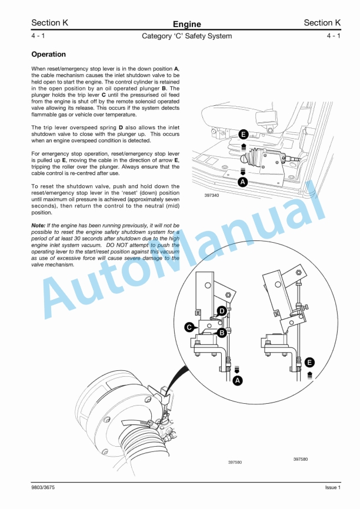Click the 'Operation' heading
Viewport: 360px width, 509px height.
(48, 55)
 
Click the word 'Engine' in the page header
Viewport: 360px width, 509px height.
(186, 24)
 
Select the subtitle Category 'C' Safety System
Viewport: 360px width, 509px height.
(186, 36)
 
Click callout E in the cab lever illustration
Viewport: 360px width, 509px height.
(244, 134)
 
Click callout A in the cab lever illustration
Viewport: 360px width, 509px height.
(242, 182)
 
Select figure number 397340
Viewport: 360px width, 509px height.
(212, 195)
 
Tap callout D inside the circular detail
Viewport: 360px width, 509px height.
(222, 310)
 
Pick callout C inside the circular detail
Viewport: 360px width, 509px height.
(189, 326)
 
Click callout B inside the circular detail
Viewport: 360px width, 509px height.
(222, 332)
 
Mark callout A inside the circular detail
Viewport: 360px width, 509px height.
(238, 381)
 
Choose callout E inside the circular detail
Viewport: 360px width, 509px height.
(310, 362)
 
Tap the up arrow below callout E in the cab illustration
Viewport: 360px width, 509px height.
(244, 145)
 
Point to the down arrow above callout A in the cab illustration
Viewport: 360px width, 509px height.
(242, 172)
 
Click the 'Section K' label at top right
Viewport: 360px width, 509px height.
(322, 23)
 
